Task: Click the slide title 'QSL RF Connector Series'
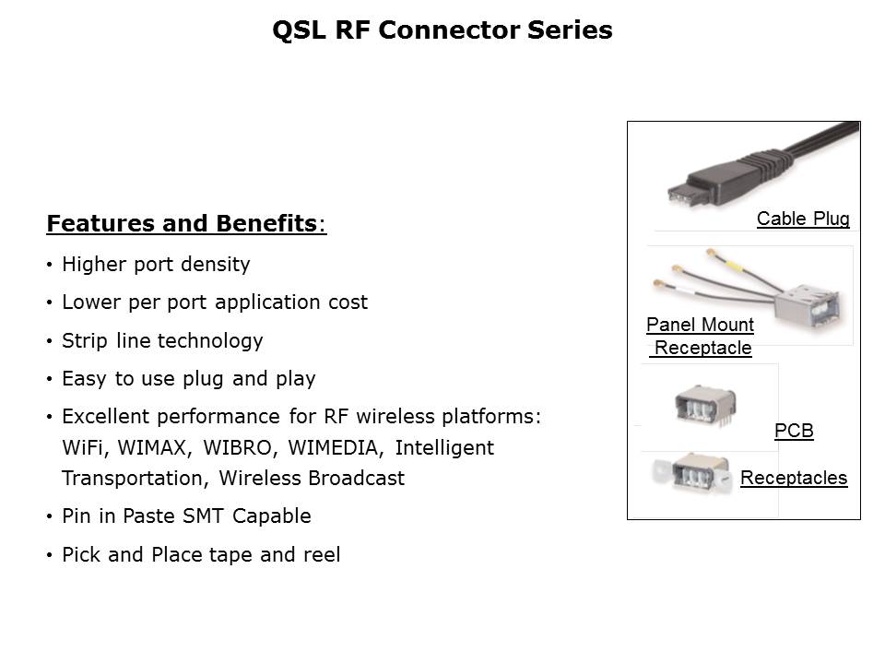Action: point(442,30)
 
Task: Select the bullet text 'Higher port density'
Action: point(156,265)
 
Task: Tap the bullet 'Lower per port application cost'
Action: point(214,302)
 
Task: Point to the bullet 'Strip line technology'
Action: point(162,340)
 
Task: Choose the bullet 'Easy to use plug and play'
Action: point(188,378)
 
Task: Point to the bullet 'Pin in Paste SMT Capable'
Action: point(186,516)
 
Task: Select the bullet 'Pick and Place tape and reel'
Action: point(201,554)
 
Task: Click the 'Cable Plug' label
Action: point(803,219)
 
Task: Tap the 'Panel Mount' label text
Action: point(700,325)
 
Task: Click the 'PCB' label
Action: point(794,431)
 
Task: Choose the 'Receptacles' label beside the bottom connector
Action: point(794,478)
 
